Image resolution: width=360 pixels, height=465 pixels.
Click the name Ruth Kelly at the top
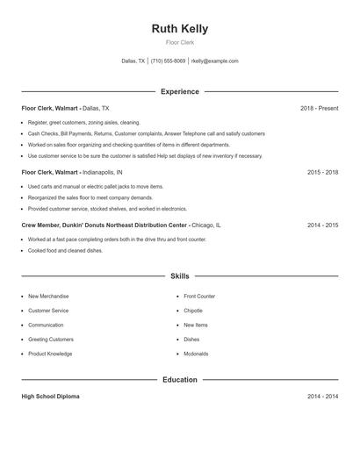coord(179,29)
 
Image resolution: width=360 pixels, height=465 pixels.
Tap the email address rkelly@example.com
coord(214,61)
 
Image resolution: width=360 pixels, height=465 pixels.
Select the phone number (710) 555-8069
coord(168,61)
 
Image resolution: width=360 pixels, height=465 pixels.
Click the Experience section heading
coord(180,91)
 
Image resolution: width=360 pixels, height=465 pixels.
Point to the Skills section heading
coord(180,275)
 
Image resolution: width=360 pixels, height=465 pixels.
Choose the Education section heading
coord(180,380)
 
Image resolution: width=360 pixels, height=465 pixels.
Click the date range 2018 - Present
coord(319,108)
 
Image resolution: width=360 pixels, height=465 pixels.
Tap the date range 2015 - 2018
coord(322,173)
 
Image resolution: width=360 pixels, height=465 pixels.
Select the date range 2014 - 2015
coord(322,225)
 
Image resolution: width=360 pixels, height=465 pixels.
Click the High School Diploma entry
coord(50,397)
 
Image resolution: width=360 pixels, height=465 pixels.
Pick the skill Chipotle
coord(193,311)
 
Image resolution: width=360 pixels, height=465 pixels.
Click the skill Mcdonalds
coord(196,354)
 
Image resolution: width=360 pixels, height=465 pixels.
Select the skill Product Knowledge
coord(50,354)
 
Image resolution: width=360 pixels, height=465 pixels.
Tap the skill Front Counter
coord(199,297)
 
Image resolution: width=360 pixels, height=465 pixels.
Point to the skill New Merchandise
coord(48,297)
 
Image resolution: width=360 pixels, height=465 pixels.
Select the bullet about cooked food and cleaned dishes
coord(65,250)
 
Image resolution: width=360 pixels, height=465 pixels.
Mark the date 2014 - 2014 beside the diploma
coord(322,397)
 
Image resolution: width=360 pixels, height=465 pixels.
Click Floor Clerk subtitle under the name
coord(179,42)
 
